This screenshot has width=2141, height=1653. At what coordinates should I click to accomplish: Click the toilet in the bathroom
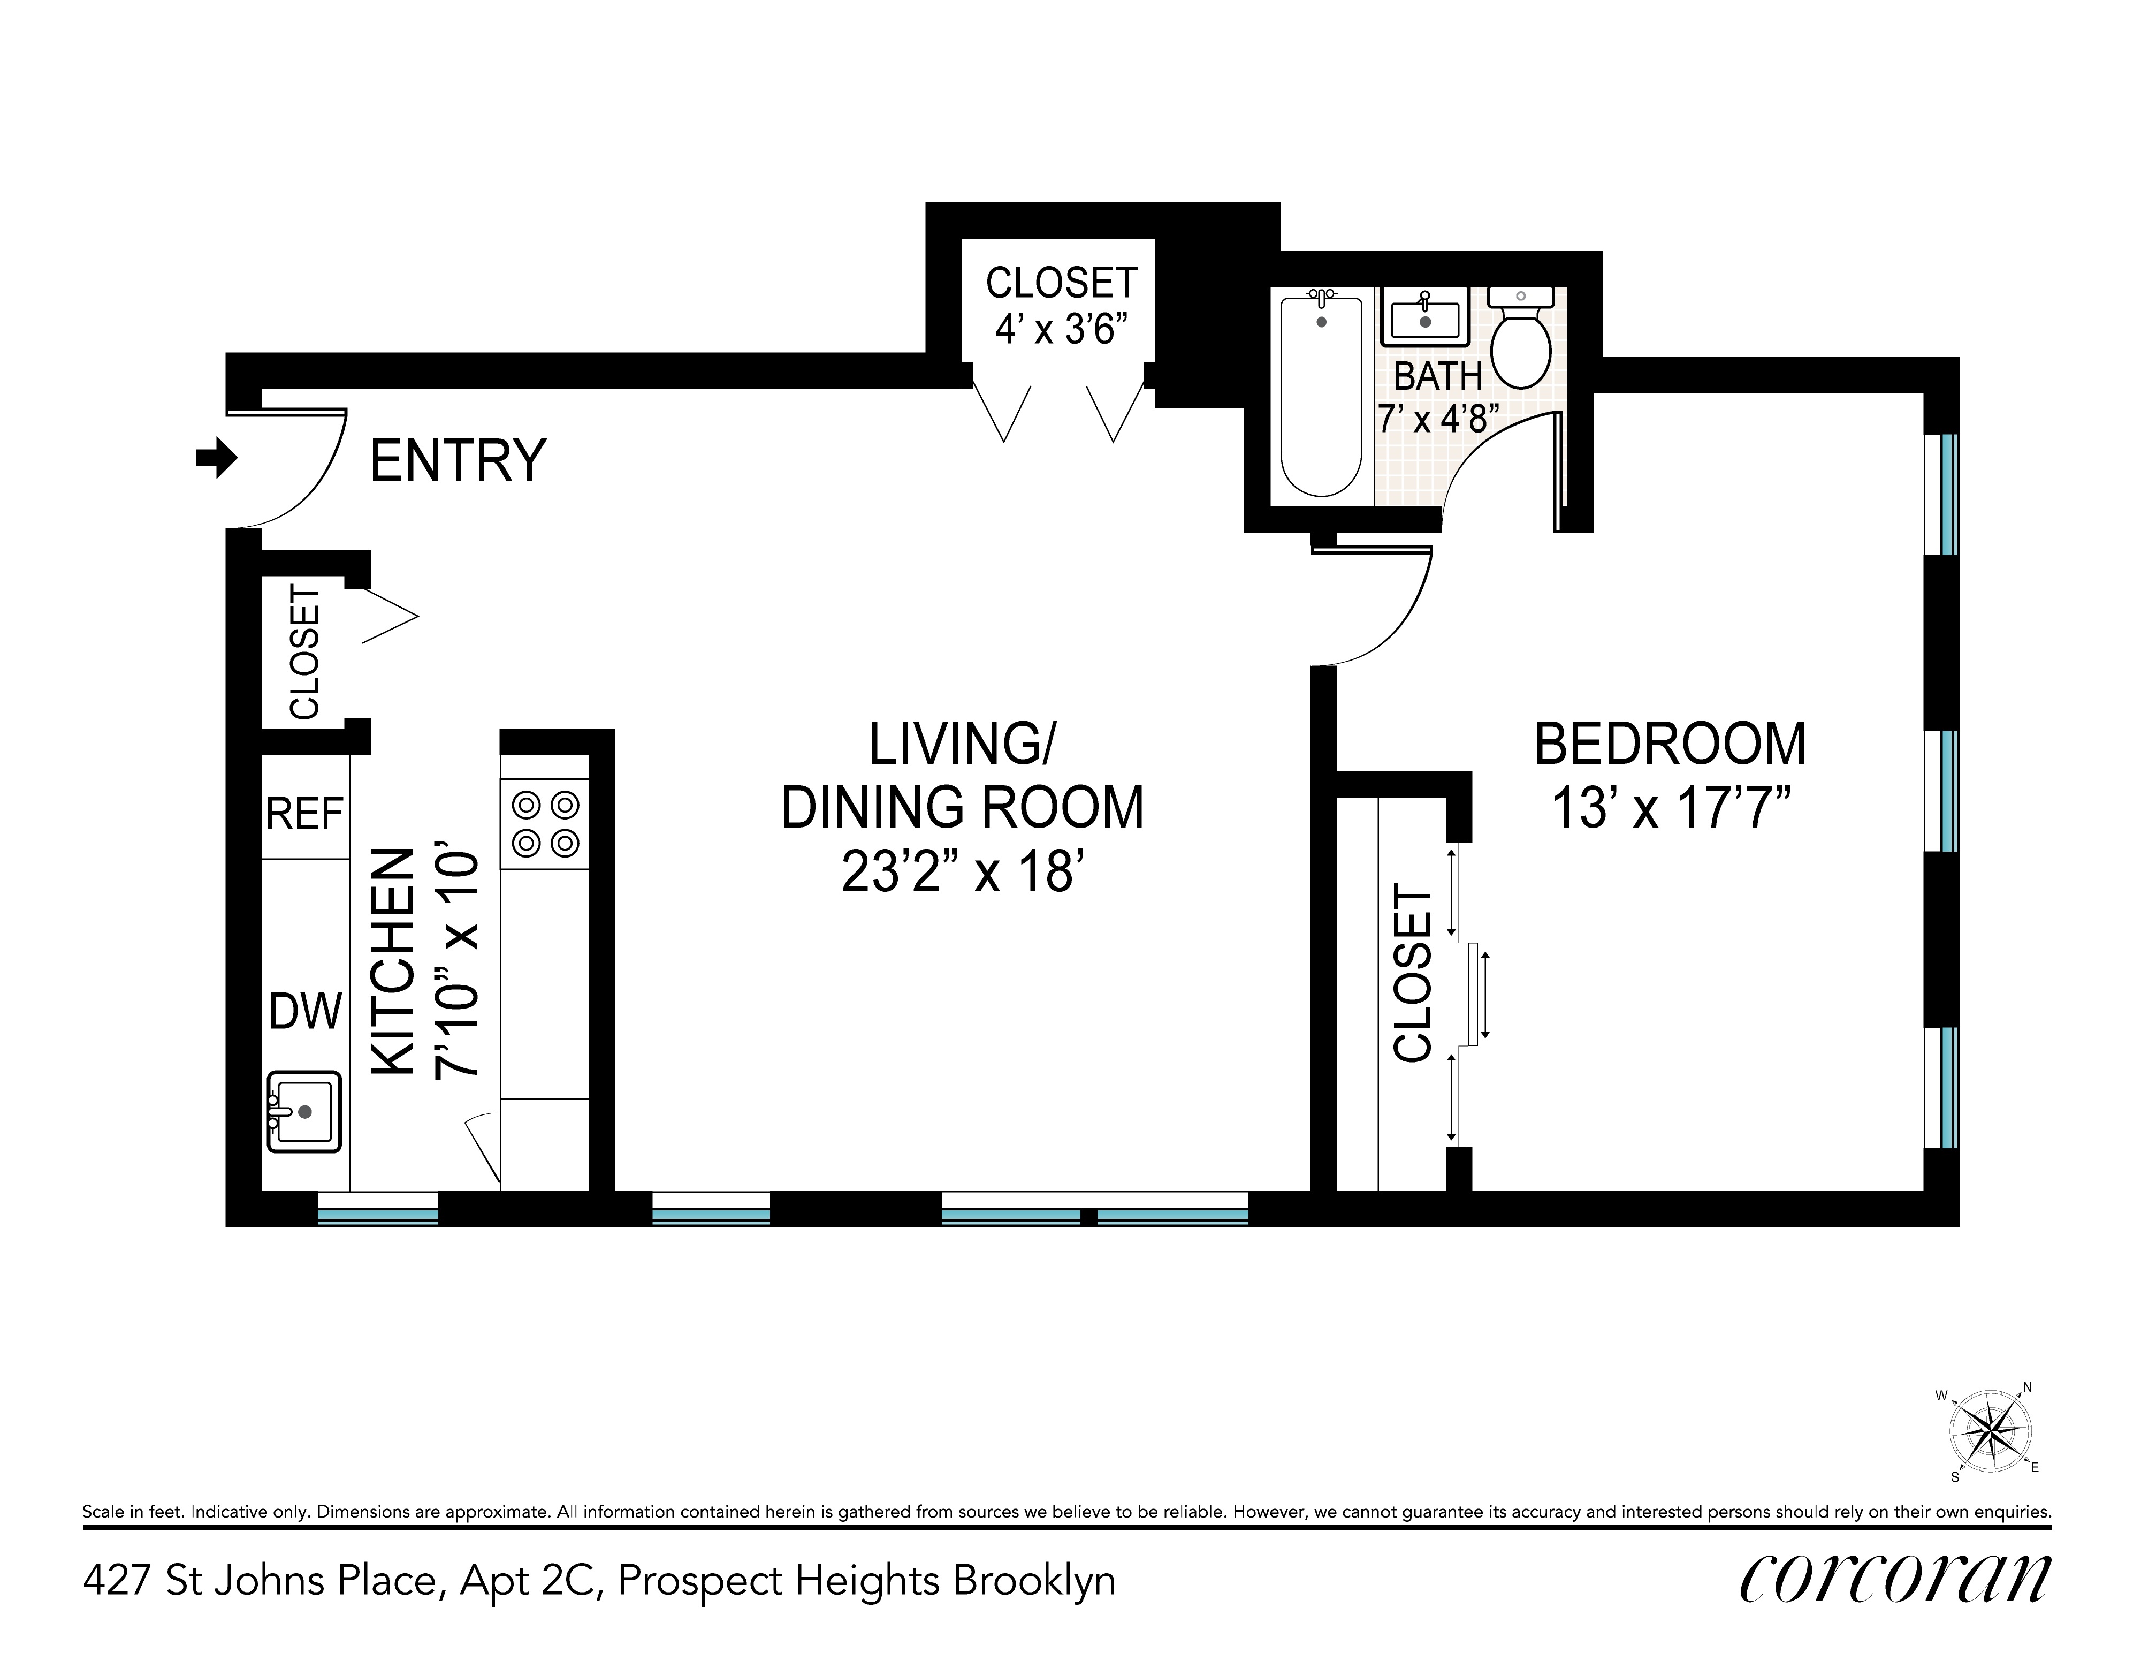tap(1520, 336)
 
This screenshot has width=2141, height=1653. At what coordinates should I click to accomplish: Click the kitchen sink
tap(304, 1111)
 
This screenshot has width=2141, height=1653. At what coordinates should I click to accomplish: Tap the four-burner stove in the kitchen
tap(545, 824)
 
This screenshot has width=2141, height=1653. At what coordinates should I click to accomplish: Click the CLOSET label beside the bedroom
tap(1413, 974)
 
